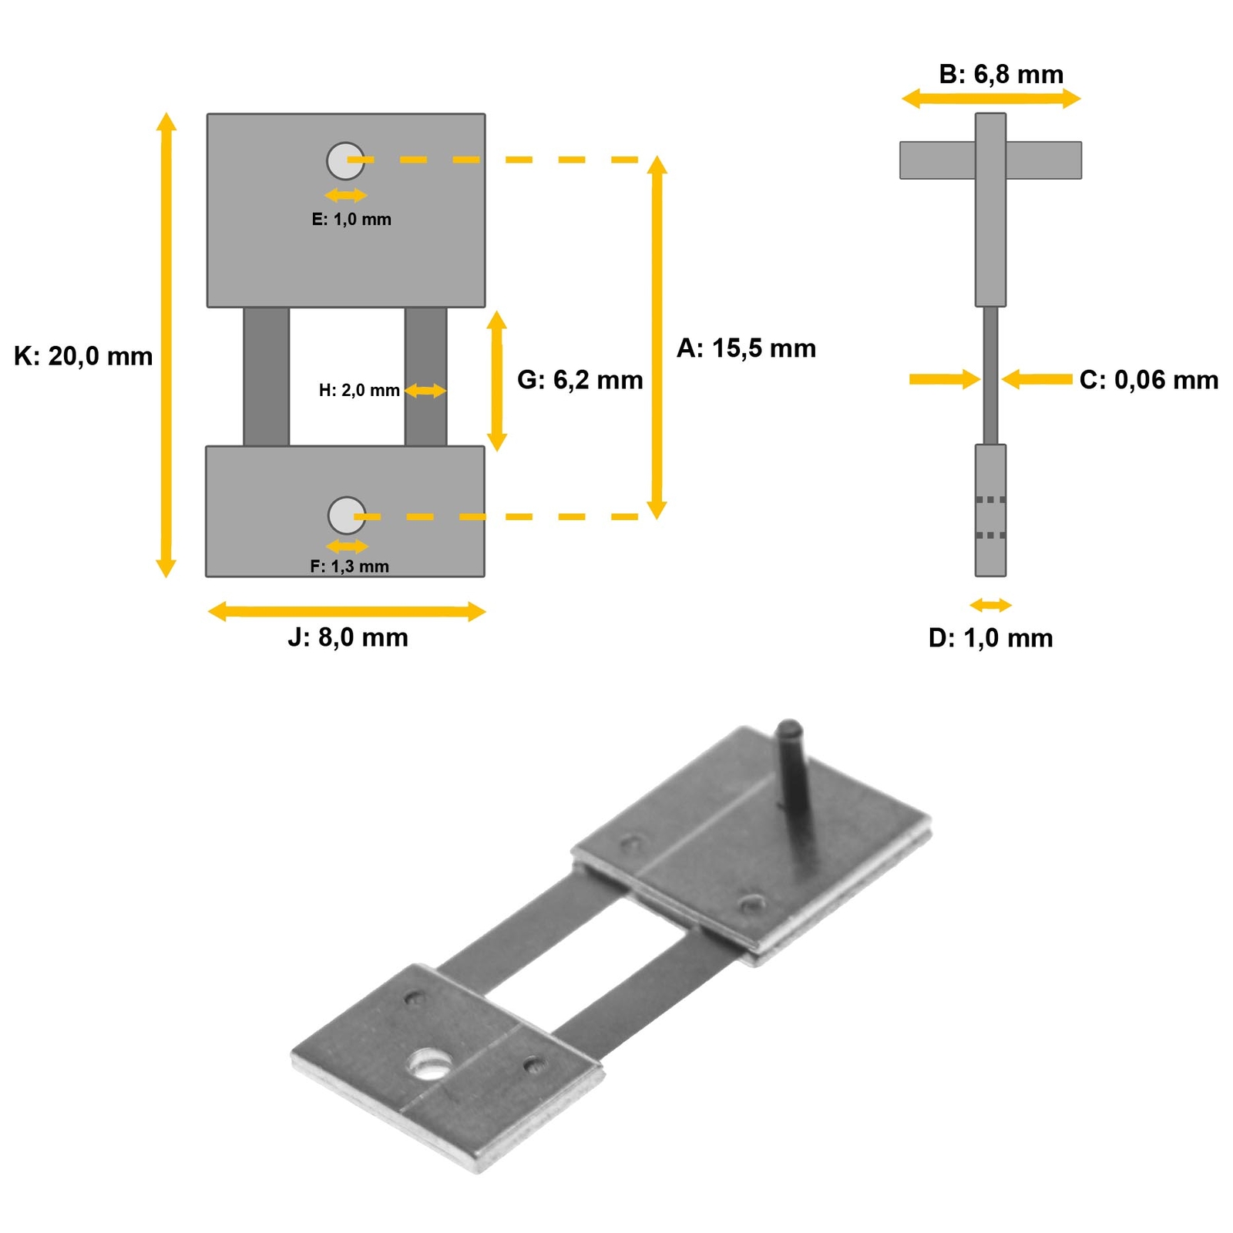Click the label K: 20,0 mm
tap(83, 357)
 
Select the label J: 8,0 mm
tap(348, 638)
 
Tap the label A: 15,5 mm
tap(746, 348)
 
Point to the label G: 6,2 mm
tap(580, 380)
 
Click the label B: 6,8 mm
tap(1001, 75)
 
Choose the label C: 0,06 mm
tap(1149, 380)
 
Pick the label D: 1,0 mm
tap(990, 638)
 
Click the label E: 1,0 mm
tap(351, 220)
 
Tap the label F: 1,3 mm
tap(349, 566)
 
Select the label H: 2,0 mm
tap(359, 391)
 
